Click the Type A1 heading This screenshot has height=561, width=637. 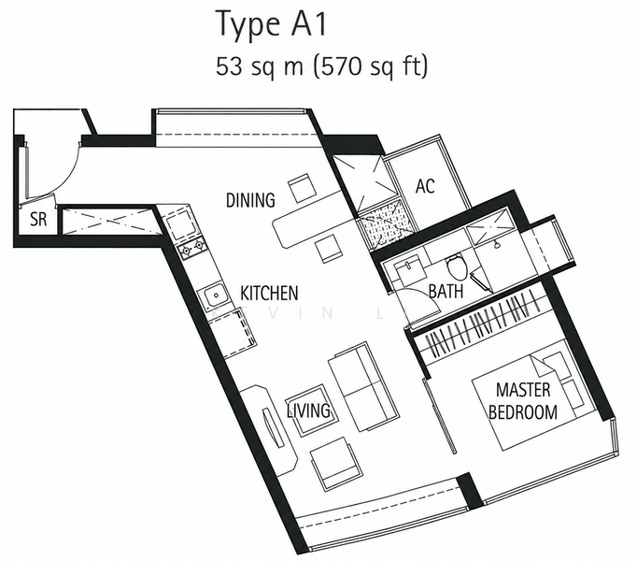tap(272, 24)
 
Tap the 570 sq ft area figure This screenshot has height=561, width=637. tap(371, 65)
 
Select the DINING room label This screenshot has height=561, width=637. tap(250, 200)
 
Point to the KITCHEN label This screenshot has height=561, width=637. tap(269, 293)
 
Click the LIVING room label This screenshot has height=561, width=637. tap(308, 410)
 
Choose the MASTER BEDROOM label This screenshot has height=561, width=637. tap(523, 401)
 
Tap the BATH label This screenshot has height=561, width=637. tap(446, 292)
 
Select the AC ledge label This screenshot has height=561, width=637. tap(425, 186)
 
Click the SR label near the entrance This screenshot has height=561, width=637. tap(38, 220)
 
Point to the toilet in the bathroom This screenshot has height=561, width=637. tap(457, 266)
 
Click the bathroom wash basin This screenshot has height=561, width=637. tap(409, 269)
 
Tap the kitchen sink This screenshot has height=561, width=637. tap(213, 296)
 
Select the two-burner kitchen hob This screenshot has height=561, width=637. tap(191, 248)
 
